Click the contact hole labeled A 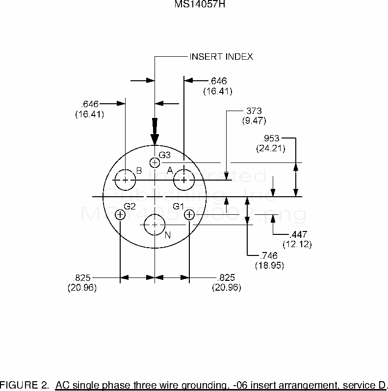point(183,181)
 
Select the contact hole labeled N point(155,225)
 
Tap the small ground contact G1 point(189,214)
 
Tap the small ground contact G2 point(120,214)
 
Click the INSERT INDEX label point(221,57)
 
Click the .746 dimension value point(270,255)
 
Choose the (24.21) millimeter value point(270,147)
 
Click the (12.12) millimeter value point(297,244)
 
